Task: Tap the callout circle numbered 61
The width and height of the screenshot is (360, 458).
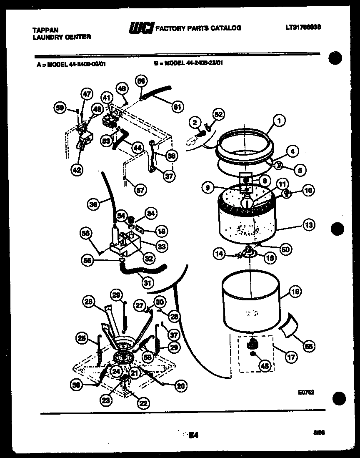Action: (178, 106)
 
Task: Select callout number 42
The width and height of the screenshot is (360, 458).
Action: (77, 169)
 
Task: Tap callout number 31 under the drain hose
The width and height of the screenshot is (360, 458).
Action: (146, 282)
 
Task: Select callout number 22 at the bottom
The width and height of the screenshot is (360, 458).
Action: (143, 403)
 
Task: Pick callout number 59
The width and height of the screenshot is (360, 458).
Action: (60, 108)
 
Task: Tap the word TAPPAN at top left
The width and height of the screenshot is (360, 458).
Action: (45, 30)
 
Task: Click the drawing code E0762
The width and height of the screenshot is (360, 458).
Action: (306, 392)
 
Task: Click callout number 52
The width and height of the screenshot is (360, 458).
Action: (218, 113)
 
